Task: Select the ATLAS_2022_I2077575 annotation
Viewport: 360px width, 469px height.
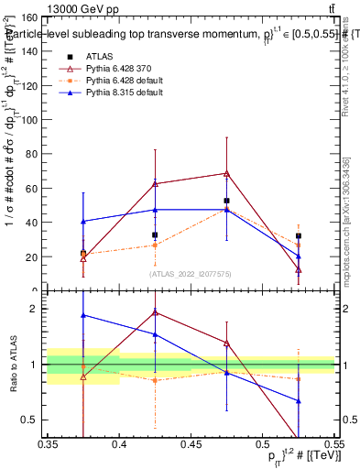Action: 191,274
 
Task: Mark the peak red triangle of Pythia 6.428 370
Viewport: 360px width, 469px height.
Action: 226,173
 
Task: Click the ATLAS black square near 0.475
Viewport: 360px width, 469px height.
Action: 226,201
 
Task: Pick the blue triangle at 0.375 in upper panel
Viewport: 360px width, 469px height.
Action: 83,221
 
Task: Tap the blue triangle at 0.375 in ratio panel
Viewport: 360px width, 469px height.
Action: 83,315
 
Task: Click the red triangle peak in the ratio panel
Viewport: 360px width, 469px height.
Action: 155,312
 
